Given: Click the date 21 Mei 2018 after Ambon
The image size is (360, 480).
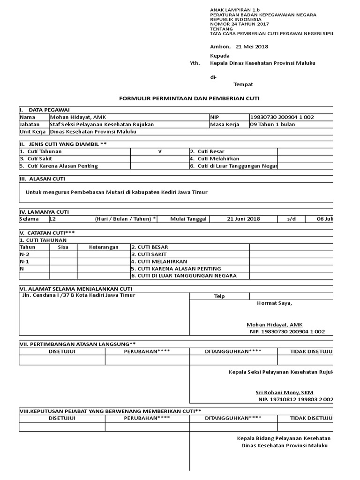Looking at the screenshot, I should [x=252, y=46].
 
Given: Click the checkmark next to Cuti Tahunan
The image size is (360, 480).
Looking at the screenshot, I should [x=159, y=151].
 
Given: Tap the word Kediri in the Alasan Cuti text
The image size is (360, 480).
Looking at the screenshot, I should [x=172, y=192].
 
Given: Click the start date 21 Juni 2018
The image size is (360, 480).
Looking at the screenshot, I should [x=243, y=219].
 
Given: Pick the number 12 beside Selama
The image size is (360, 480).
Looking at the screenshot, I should [x=52, y=219].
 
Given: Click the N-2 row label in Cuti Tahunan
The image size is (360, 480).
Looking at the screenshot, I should [x=24, y=254].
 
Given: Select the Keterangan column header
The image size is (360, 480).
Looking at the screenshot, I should [x=104, y=247].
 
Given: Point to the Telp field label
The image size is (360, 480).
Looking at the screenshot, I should [x=219, y=296].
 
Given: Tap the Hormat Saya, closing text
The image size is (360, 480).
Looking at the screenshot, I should [x=274, y=303].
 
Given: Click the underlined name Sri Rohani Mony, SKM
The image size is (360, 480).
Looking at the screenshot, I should [x=284, y=392].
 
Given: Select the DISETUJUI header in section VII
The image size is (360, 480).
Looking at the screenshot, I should [x=62, y=351].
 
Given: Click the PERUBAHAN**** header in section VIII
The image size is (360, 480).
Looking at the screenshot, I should [x=147, y=418].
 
